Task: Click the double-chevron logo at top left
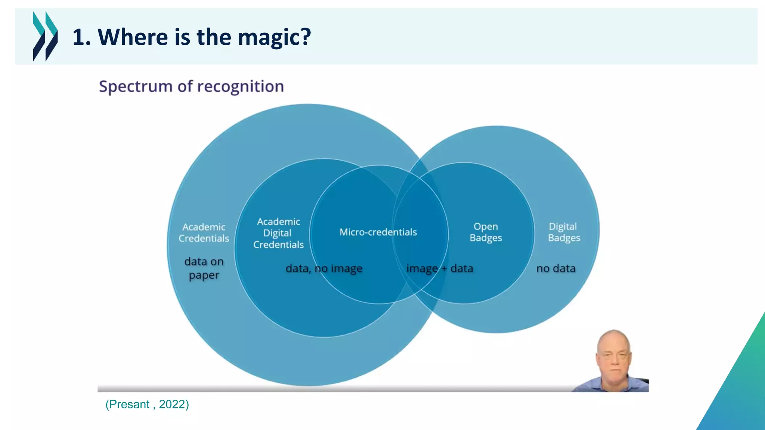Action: (45, 36)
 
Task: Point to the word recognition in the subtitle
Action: (241, 87)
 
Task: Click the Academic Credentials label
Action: (204, 233)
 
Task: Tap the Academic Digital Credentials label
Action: (278, 233)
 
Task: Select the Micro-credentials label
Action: (378, 232)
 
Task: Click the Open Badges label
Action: (486, 232)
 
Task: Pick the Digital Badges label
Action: (564, 232)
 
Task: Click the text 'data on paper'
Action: (204, 268)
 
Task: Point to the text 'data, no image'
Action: (324, 268)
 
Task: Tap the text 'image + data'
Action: (440, 268)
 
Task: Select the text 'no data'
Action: (556, 268)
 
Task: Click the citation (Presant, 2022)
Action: (147, 404)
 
